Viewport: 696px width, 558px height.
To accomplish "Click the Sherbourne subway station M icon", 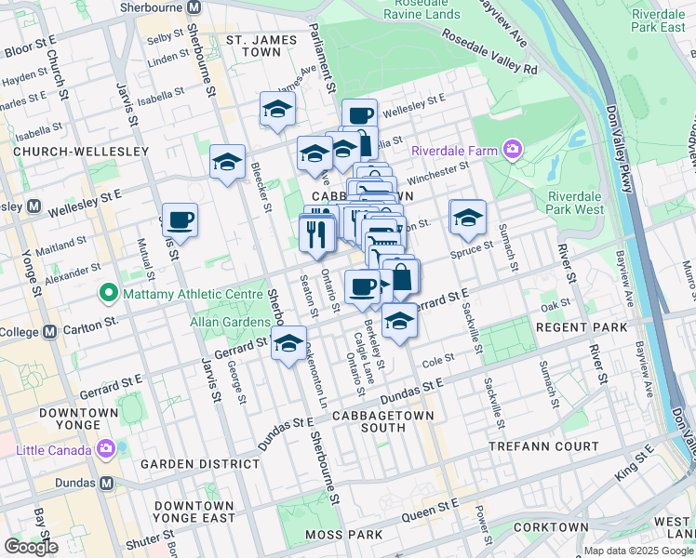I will pos(194,7).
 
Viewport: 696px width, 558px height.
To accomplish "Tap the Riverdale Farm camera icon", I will pos(512,149).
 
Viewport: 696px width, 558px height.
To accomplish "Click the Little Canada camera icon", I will pos(105,450).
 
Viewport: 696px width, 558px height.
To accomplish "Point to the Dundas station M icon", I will pos(106,484).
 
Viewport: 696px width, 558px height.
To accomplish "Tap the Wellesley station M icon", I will pos(34,206).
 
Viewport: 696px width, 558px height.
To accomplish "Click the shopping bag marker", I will pos(401,276).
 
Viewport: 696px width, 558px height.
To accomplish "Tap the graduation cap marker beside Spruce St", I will pos(467,218).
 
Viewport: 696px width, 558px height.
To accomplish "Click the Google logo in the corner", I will pos(31,547).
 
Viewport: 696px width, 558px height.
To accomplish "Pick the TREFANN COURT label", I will pos(544,447).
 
